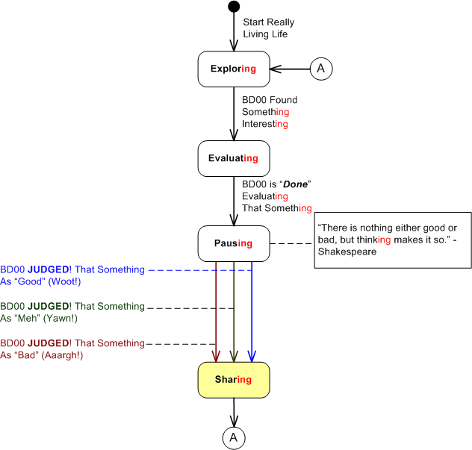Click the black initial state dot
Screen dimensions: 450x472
pyautogui.click(x=234, y=7)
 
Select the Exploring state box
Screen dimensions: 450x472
pyautogui.click(x=233, y=69)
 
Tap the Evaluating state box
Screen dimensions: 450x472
pyautogui.click(x=233, y=158)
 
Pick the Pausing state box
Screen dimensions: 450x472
pyautogui.click(x=233, y=243)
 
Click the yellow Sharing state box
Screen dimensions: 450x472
pyautogui.click(x=233, y=379)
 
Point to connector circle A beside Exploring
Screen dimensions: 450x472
pyautogui.click(x=321, y=69)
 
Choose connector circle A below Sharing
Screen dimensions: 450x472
pyautogui.click(x=234, y=437)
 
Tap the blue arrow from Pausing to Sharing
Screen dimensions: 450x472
pyautogui.click(x=252, y=313)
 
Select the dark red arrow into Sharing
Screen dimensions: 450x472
pyautogui.click(x=216, y=313)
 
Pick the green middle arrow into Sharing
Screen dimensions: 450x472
pyautogui.click(x=234, y=313)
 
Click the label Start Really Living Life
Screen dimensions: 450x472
pyautogui.click(x=265, y=28)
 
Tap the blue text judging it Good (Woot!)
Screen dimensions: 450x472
pyautogui.click(x=72, y=275)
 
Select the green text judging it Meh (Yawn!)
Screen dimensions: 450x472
pyautogui.click(x=72, y=312)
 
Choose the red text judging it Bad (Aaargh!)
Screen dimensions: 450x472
pyautogui.click(x=72, y=349)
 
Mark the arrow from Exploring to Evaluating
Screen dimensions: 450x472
pyautogui.click(x=234, y=112)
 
